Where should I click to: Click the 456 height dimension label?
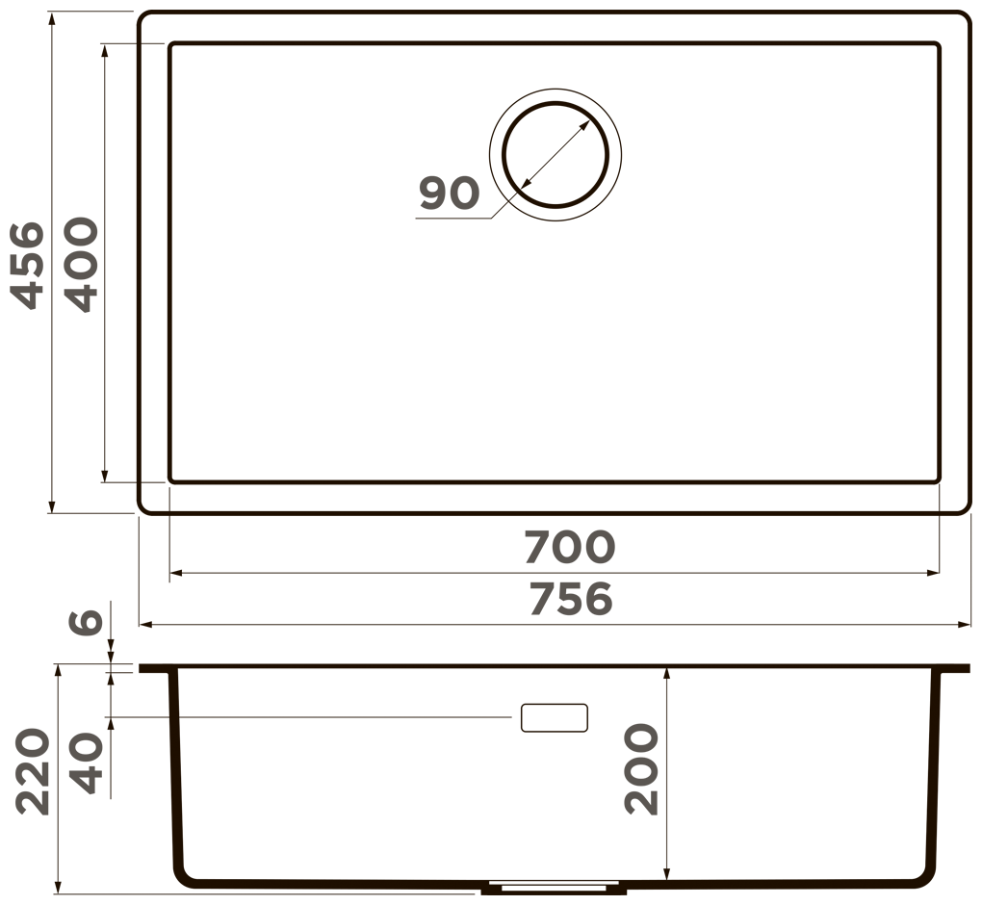28,266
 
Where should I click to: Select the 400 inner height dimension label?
82,265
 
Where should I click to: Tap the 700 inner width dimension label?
570,547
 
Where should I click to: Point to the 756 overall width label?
571,599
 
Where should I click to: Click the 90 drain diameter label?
449,193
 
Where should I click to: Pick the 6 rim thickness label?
86,621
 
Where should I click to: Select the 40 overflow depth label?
86,763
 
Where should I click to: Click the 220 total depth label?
33,771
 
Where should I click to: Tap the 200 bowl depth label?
641,769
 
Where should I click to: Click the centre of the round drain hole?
555,155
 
